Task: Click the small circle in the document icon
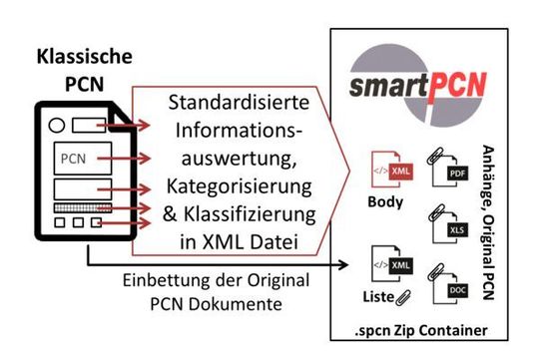tap(57, 127)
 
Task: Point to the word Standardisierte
tap(237, 105)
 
